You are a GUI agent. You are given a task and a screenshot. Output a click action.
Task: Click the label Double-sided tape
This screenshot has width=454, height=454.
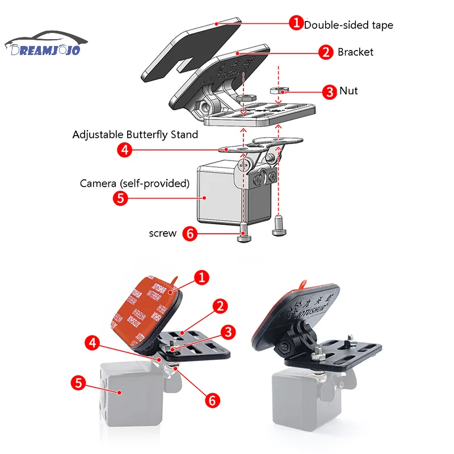(x=348, y=25)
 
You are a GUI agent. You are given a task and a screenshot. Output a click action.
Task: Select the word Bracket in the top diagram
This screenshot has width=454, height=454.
(x=355, y=52)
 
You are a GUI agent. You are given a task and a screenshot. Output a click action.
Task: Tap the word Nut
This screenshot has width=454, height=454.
(x=348, y=91)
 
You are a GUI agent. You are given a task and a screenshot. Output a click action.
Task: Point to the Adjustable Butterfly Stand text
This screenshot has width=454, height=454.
(x=135, y=134)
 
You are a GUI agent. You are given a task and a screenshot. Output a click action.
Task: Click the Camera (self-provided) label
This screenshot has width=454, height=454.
(x=134, y=183)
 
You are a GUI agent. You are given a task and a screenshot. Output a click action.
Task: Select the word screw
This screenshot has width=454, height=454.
(x=163, y=233)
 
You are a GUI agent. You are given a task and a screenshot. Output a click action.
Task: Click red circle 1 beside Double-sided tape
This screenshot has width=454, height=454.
(x=296, y=23)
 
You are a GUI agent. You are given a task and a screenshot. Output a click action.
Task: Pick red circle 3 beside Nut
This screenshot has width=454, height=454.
(x=329, y=91)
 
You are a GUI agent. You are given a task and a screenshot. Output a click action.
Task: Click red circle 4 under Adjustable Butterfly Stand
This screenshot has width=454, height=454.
(x=125, y=150)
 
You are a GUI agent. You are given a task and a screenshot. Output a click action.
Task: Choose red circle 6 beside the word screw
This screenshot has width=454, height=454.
(x=191, y=233)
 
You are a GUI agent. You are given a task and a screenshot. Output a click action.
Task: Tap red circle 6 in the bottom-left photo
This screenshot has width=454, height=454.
(x=212, y=400)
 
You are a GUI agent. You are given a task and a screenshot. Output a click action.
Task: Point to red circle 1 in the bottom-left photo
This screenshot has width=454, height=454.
(x=201, y=278)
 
